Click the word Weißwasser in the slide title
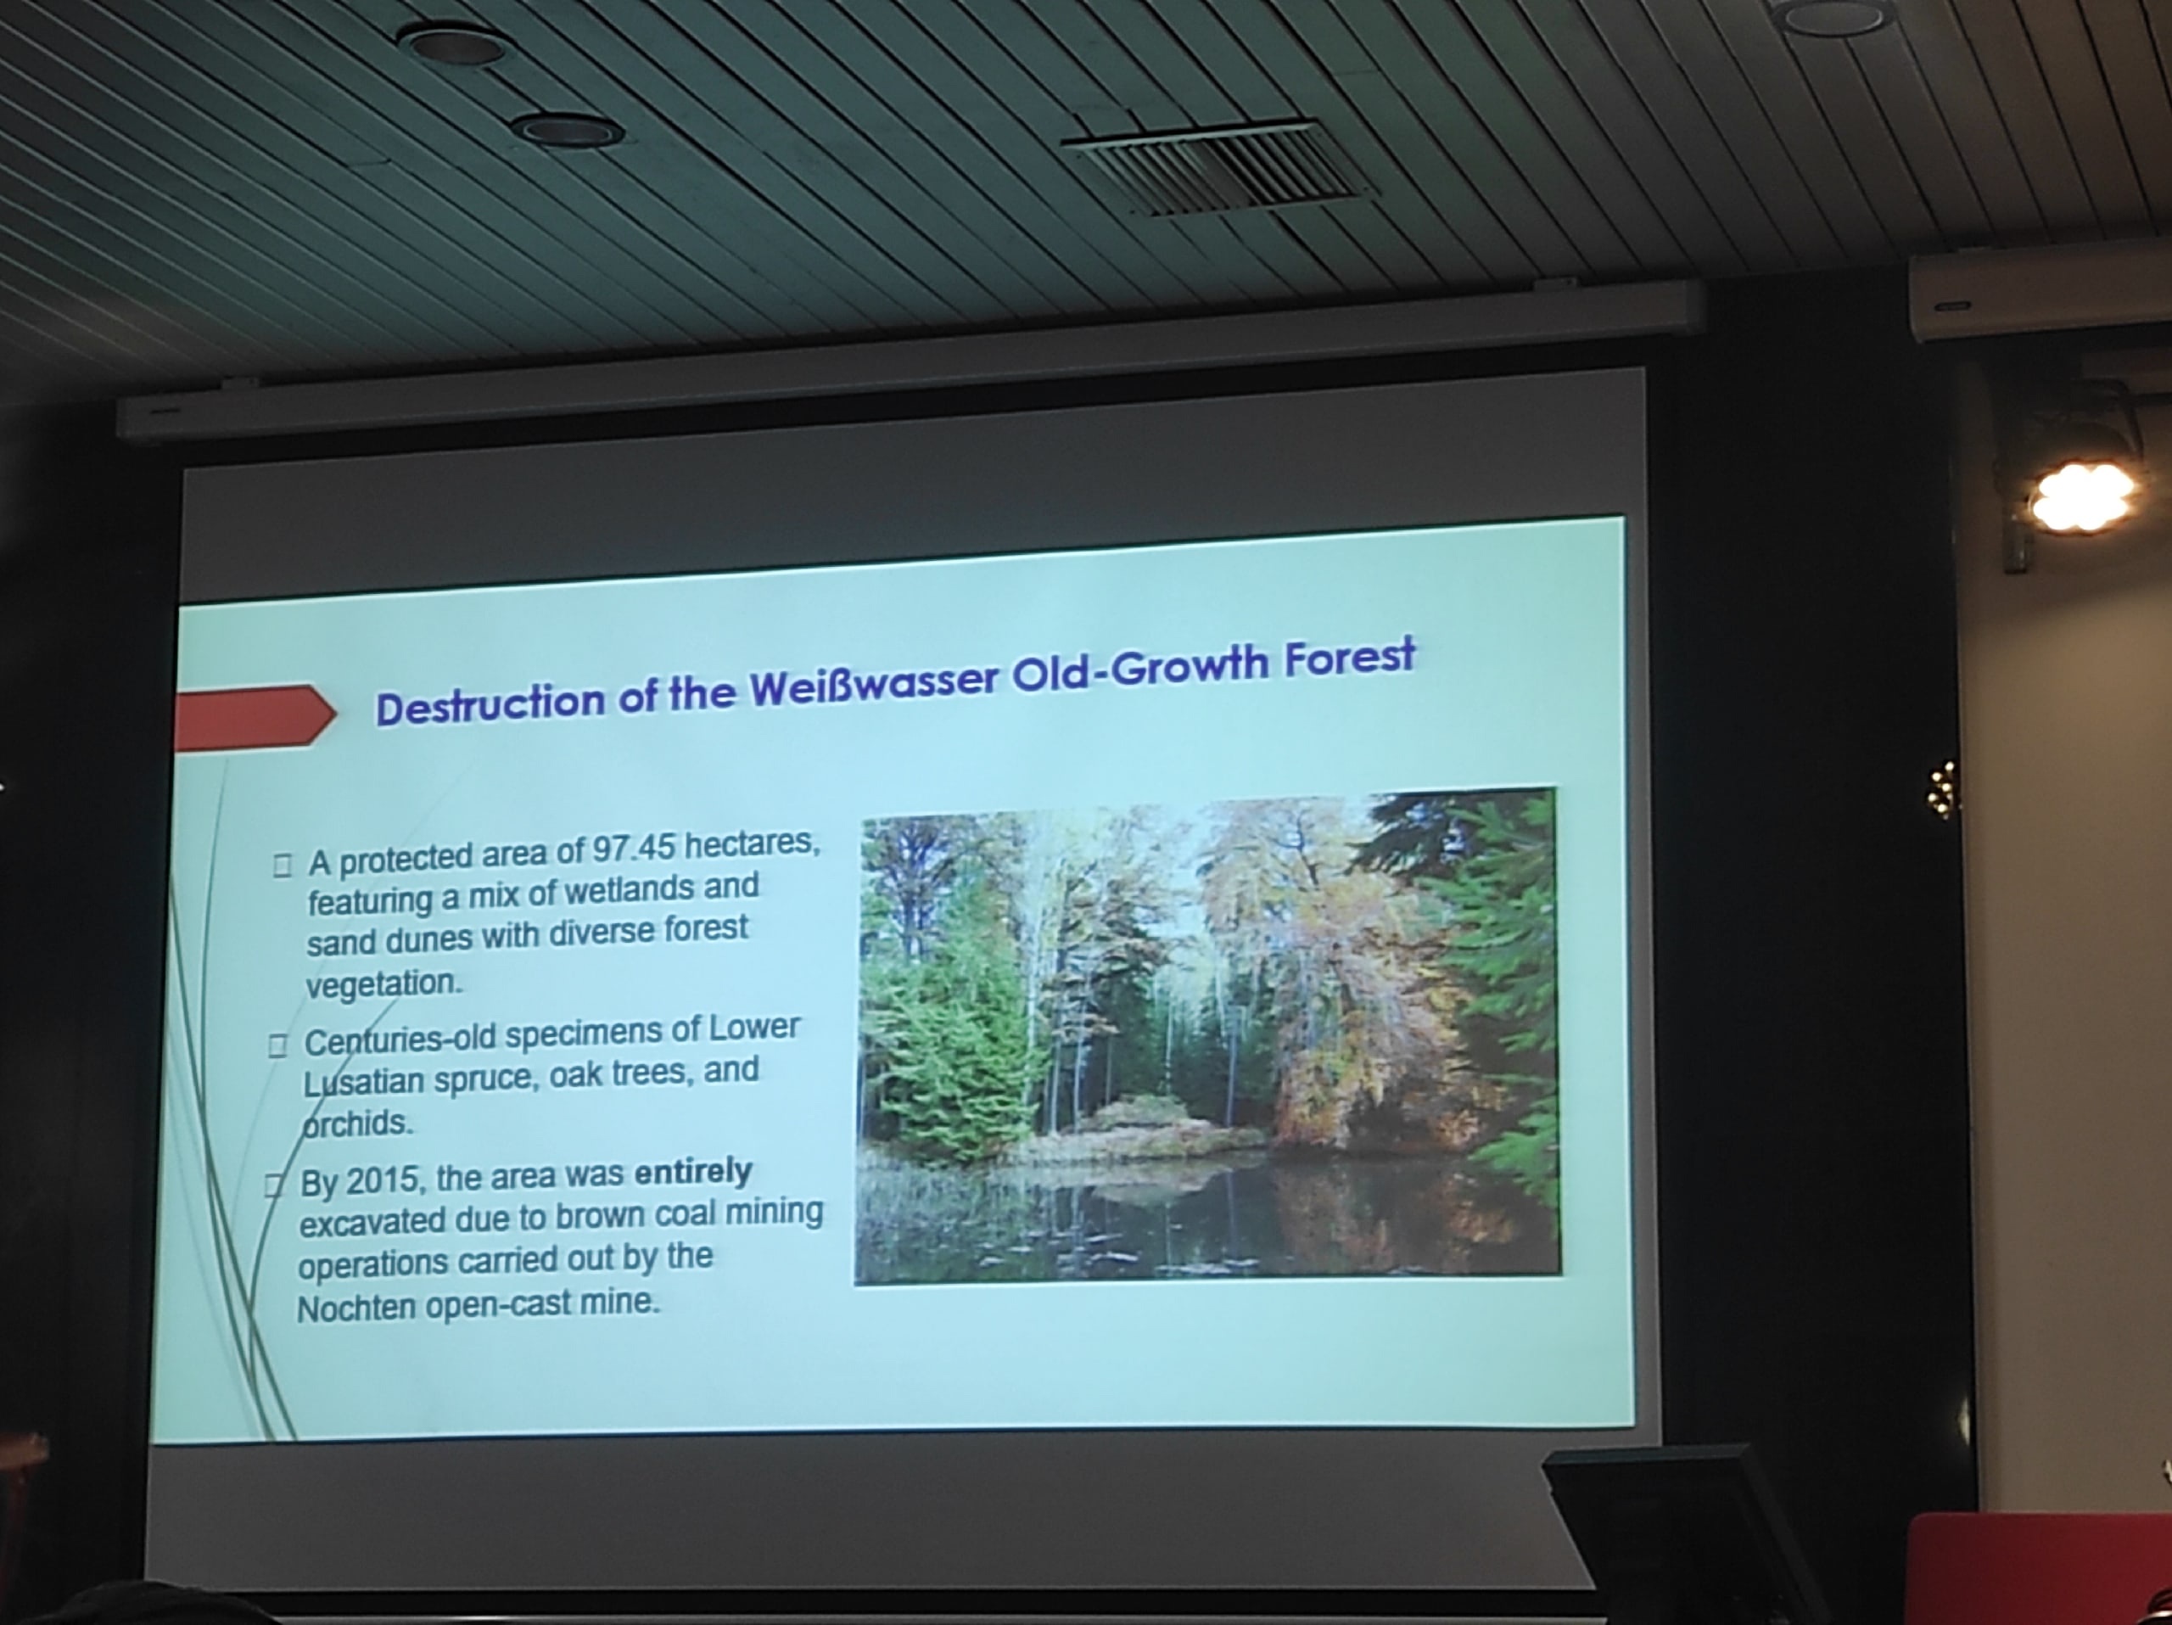pos(875,683)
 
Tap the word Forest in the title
pos(1350,658)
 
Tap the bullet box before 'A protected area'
pos(283,865)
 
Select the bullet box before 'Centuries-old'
pos(278,1045)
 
